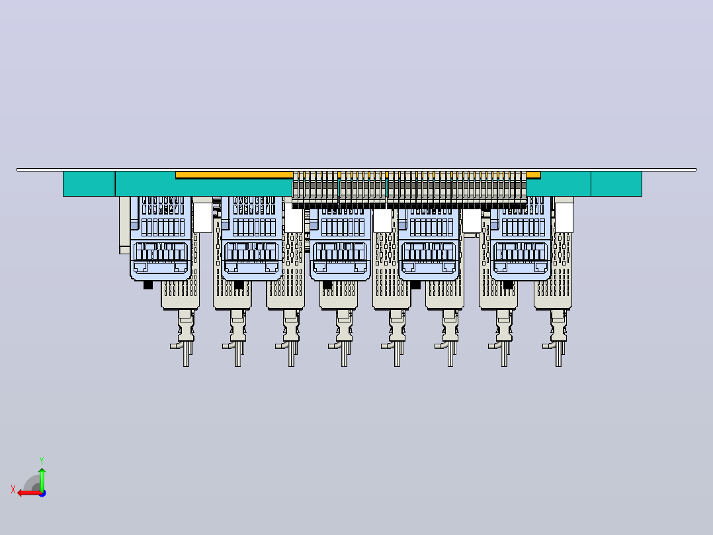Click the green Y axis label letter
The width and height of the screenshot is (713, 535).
[x=42, y=460]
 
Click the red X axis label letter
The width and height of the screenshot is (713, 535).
[x=13, y=489]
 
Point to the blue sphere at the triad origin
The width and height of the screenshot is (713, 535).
[x=42, y=493]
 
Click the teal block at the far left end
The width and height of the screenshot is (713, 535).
[x=89, y=184]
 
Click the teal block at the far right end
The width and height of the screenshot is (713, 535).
[x=616, y=184]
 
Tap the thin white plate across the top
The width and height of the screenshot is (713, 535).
[x=356, y=170]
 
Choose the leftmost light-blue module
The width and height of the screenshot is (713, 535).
[x=161, y=238]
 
